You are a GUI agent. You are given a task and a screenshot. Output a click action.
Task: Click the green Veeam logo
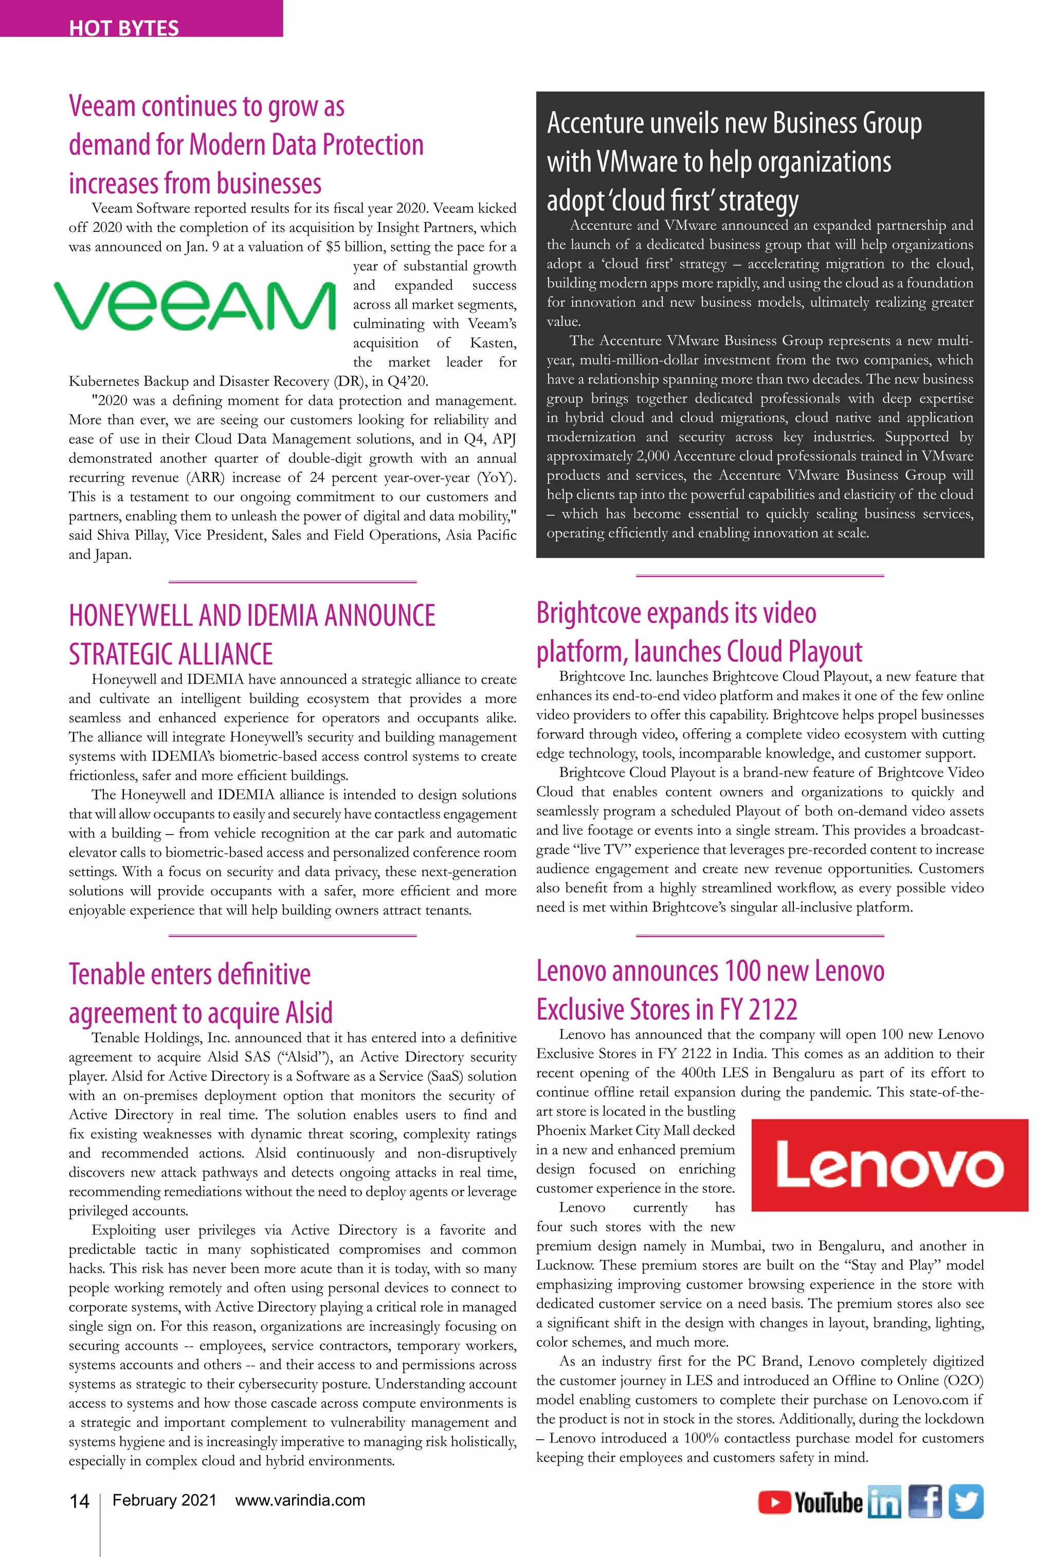(x=194, y=305)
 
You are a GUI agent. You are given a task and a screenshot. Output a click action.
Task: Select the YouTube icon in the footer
(x=810, y=1502)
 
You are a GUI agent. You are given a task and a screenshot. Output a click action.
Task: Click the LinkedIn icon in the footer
(x=884, y=1502)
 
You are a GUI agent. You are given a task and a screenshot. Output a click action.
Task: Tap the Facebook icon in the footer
(x=925, y=1501)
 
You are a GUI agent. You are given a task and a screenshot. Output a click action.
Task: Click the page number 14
(x=79, y=1501)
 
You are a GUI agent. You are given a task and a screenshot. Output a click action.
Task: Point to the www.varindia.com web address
(x=300, y=1500)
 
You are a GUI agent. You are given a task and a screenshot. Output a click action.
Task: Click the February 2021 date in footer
(x=164, y=1500)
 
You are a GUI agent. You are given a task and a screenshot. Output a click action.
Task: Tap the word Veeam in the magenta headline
(x=102, y=106)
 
